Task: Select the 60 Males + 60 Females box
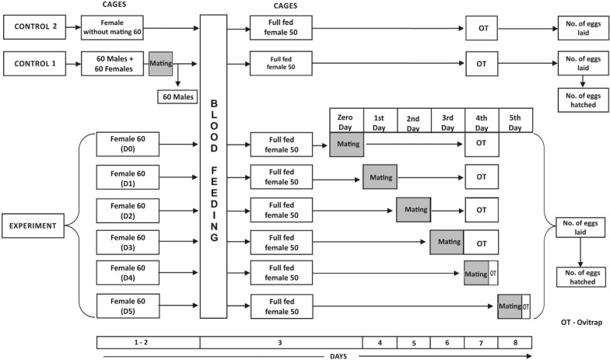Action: [x=115, y=61]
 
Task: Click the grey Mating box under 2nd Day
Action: [x=413, y=209]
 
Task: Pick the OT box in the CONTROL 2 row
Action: [x=482, y=30]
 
